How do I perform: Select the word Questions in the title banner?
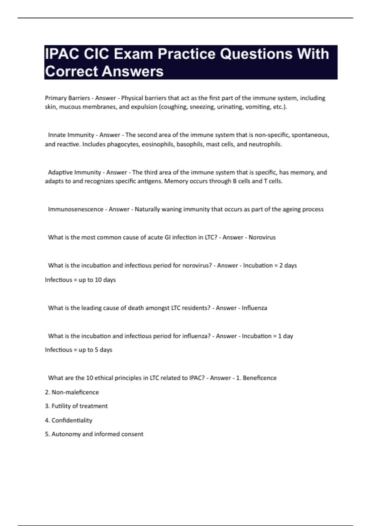click(256, 54)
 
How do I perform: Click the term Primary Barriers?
click(67, 98)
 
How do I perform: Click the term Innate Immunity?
click(71, 135)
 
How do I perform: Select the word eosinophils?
click(158, 144)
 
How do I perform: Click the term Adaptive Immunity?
click(75, 172)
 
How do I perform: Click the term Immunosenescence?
click(75, 209)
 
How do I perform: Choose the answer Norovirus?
click(262, 237)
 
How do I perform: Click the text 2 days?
click(288, 265)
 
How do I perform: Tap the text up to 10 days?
click(97, 280)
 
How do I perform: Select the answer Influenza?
click(254, 308)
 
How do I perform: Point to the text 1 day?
click(285, 336)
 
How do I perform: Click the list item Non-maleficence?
click(75, 392)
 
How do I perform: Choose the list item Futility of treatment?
click(79, 406)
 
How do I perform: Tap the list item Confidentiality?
click(72, 420)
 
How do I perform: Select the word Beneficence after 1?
click(259, 378)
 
